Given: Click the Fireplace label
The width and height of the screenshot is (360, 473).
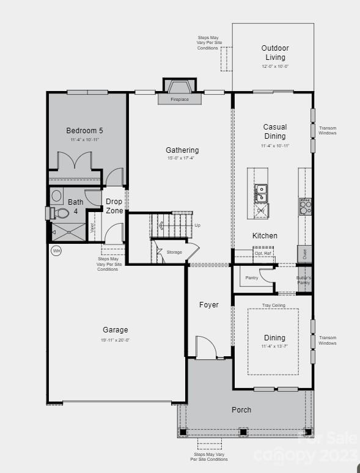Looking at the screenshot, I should coord(179,99).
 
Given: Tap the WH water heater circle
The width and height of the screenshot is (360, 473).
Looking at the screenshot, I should coord(56,251).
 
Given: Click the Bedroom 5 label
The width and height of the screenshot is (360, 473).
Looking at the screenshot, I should coord(84,130).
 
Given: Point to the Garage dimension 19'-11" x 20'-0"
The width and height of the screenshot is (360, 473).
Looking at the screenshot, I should coord(116,340).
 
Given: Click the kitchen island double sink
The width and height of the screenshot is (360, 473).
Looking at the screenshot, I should coord(261,193).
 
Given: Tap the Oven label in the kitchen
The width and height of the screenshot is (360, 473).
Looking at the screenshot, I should coord(304,254).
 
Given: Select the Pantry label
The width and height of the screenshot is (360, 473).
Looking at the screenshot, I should coord(251,277).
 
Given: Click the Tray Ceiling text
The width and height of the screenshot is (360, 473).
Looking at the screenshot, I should coord(274,306).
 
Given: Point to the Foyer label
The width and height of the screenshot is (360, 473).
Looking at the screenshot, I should coord(208,304).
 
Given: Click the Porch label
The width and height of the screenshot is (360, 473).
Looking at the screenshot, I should coord(241,409).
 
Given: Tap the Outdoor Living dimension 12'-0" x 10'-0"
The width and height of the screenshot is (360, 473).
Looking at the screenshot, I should coord(274,66).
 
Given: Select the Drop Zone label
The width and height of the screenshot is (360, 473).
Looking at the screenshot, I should coord(114,206).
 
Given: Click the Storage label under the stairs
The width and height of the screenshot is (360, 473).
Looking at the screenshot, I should coord(174,252).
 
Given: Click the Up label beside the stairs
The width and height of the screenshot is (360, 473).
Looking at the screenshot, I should coord(197,225).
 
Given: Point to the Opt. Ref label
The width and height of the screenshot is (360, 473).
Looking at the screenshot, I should coord(263,253).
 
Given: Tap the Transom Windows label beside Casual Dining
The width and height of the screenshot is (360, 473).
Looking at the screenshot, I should coord(328,131).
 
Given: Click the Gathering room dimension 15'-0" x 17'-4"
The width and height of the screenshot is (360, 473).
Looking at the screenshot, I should coord(182,158).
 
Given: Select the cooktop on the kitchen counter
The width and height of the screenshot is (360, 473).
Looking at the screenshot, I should coord(304,206).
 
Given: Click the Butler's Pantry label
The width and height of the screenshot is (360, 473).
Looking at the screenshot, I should coord(304,280).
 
